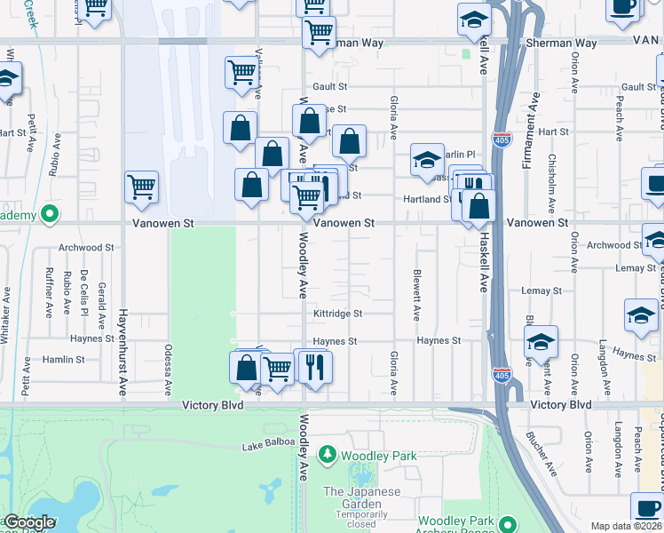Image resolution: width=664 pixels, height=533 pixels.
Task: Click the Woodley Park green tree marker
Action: click(x=328, y=456)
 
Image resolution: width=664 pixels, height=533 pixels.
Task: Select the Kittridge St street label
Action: click(x=337, y=314)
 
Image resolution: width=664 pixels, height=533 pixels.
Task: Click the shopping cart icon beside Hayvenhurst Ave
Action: click(x=141, y=187)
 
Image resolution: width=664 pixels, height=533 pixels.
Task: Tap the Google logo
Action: click(x=29, y=523)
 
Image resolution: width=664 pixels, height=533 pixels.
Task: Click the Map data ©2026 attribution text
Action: click(x=627, y=526)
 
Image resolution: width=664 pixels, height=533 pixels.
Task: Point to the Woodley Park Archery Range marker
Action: click(x=507, y=524)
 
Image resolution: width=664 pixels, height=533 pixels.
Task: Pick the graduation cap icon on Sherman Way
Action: click(x=475, y=19)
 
